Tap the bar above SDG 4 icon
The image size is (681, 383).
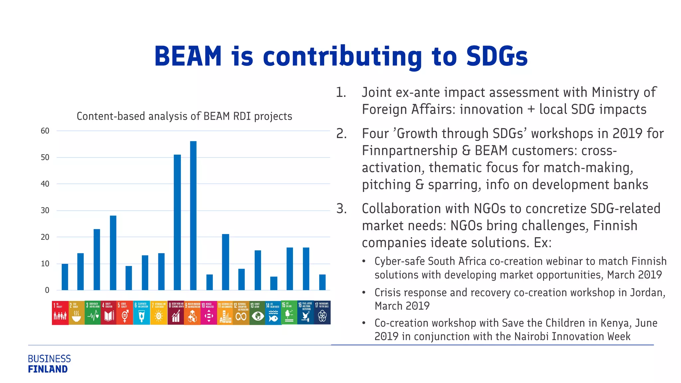[113, 253]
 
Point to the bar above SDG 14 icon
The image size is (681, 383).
[274, 283]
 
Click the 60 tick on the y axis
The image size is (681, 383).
[45, 131]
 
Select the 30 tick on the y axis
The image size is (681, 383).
[45, 210]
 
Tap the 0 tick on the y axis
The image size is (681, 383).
[47, 290]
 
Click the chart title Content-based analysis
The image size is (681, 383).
[184, 116]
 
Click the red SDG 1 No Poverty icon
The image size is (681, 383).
[60, 313]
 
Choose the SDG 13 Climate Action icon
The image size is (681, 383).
[257, 313]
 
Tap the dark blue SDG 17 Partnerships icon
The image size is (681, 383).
[322, 313]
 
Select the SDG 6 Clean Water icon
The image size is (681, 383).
[141, 313]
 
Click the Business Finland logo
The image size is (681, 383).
[49, 364]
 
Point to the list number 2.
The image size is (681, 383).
[341, 134]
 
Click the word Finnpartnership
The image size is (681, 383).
[409, 151]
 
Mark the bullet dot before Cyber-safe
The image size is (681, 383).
[364, 261]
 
